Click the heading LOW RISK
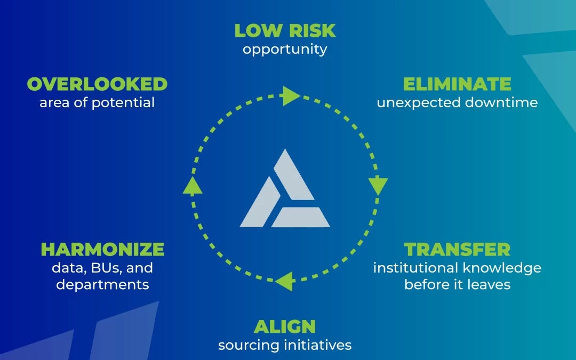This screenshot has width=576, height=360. (x=285, y=30)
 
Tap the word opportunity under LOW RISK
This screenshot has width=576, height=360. (x=285, y=50)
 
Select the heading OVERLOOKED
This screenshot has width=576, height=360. (x=97, y=84)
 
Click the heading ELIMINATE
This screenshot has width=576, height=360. (x=457, y=84)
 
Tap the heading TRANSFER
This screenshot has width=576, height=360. (x=457, y=250)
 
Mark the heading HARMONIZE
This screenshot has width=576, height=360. (x=102, y=250)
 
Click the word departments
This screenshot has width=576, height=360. (x=102, y=285)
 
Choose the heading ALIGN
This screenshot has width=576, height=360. (x=285, y=326)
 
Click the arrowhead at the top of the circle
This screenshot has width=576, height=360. (x=291, y=96)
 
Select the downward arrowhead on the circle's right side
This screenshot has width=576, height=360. (x=378, y=186)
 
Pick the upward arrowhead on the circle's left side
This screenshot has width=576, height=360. (x=192, y=185)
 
